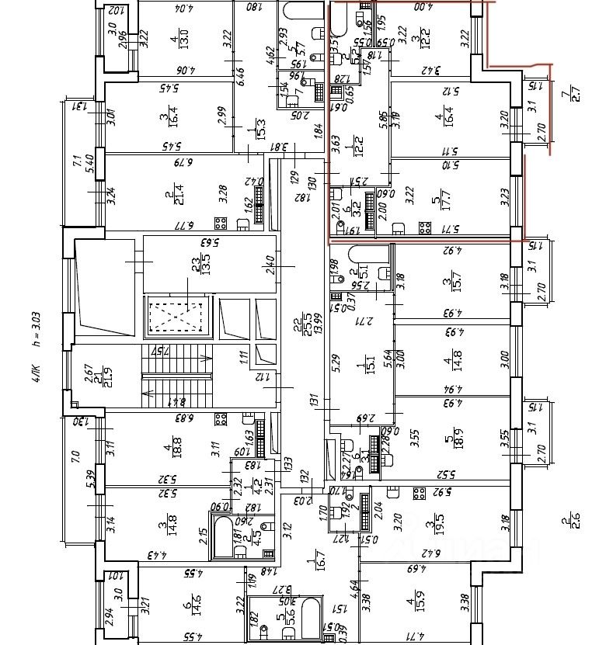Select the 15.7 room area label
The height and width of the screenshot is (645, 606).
[446, 284]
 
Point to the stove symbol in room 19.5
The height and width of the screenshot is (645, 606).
[418, 495]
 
